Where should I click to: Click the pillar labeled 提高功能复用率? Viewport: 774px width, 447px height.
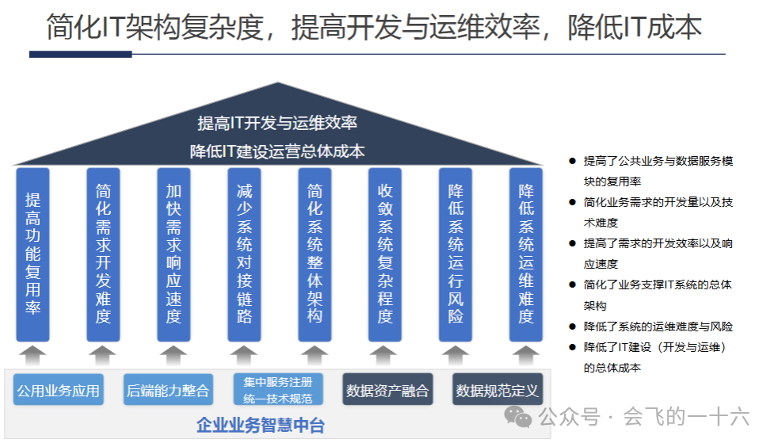[33, 254]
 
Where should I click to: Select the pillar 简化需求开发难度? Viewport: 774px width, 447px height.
[103, 254]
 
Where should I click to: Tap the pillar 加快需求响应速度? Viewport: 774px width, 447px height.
[174, 254]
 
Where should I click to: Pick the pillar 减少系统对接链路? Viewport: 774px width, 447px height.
[244, 254]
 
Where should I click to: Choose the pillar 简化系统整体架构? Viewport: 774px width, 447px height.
[315, 254]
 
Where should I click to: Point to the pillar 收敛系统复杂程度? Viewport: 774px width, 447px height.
[385, 254]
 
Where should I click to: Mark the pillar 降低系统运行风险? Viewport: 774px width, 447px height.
[456, 254]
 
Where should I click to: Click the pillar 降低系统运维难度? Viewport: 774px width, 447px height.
[526, 254]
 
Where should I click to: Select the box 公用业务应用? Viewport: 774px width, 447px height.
[59, 390]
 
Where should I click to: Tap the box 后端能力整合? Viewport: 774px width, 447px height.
[168, 390]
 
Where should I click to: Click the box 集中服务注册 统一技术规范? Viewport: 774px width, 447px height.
[278, 390]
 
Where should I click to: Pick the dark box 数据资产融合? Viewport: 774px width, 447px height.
[387, 390]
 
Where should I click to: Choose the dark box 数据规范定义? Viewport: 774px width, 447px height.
[498, 390]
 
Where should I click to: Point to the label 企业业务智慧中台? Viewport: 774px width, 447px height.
[261, 426]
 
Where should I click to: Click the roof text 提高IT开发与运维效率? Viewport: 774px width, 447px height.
[277, 123]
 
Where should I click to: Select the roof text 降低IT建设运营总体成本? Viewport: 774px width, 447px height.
[277, 151]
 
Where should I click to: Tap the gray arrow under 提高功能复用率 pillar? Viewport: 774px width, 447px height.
[33, 354]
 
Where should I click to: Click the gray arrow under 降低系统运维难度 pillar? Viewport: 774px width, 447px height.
[526, 354]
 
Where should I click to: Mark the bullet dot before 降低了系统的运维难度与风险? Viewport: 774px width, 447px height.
[572, 327]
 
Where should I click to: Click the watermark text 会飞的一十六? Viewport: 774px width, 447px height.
[686, 417]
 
